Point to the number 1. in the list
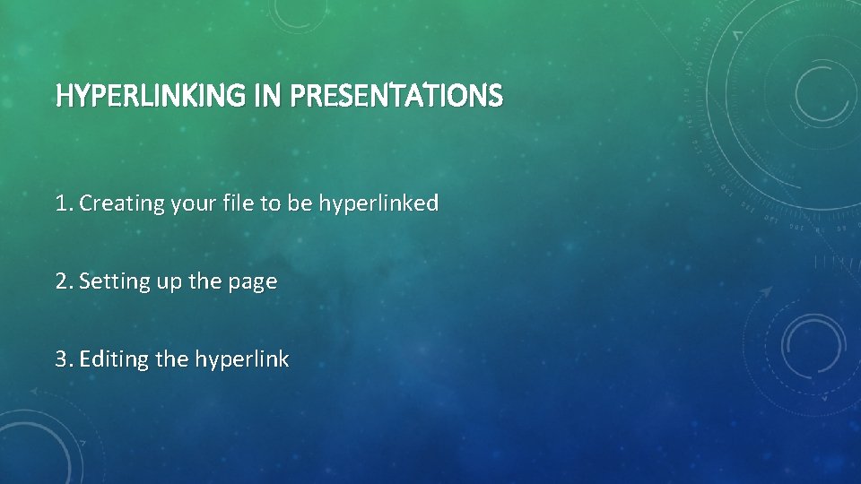[64, 203]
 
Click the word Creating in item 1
[116, 203]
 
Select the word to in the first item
[271, 203]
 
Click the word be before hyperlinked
[301, 203]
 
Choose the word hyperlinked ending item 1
[378, 203]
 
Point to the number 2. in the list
[64, 281]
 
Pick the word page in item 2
[254, 281]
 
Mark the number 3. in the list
[64, 359]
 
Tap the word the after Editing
[172, 359]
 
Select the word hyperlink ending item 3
[242, 359]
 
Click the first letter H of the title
[63, 95]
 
